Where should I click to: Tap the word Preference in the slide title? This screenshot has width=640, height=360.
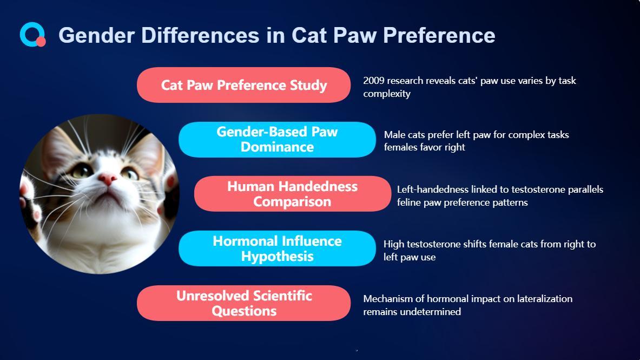tap(439, 35)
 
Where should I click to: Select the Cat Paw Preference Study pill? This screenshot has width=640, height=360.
tap(243, 85)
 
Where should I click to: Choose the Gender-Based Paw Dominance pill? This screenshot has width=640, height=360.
tap(277, 139)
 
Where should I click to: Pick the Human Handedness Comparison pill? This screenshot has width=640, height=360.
tap(293, 194)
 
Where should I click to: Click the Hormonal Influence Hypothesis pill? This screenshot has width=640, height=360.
tap(277, 248)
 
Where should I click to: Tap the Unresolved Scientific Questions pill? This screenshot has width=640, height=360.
tap(243, 303)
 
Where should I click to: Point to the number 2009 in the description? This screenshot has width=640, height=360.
tap(374, 81)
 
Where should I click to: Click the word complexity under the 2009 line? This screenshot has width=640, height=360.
tap(387, 94)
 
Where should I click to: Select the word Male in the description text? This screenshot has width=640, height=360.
tap(393, 134)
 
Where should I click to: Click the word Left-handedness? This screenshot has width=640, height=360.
tap(433, 189)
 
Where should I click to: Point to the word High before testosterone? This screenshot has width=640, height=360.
tap(393, 244)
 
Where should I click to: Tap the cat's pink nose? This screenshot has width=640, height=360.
tap(107, 179)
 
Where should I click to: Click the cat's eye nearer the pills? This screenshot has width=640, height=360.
tap(130, 173)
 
